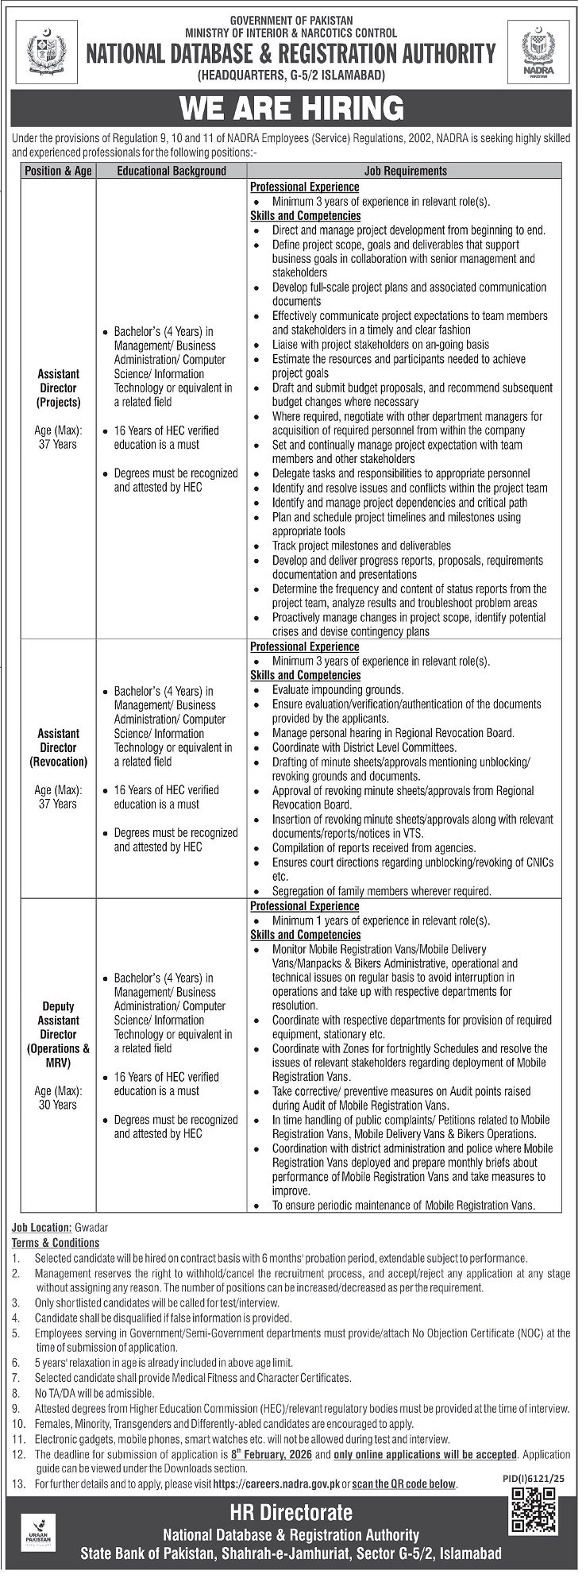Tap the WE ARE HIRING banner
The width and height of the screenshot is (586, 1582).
coord(292,108)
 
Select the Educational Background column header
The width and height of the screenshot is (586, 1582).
coord(172,170)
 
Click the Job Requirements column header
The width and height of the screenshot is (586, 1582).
coord(405,170)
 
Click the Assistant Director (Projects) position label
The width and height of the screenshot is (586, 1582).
coord(58,388)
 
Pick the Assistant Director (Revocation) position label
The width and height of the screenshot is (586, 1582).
coord(58,747)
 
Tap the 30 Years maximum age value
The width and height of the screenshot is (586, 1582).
coord(58,1105)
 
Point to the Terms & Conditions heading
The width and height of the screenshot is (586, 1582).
coord(56,1242)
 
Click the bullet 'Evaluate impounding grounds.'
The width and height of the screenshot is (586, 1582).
coord(337,689)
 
